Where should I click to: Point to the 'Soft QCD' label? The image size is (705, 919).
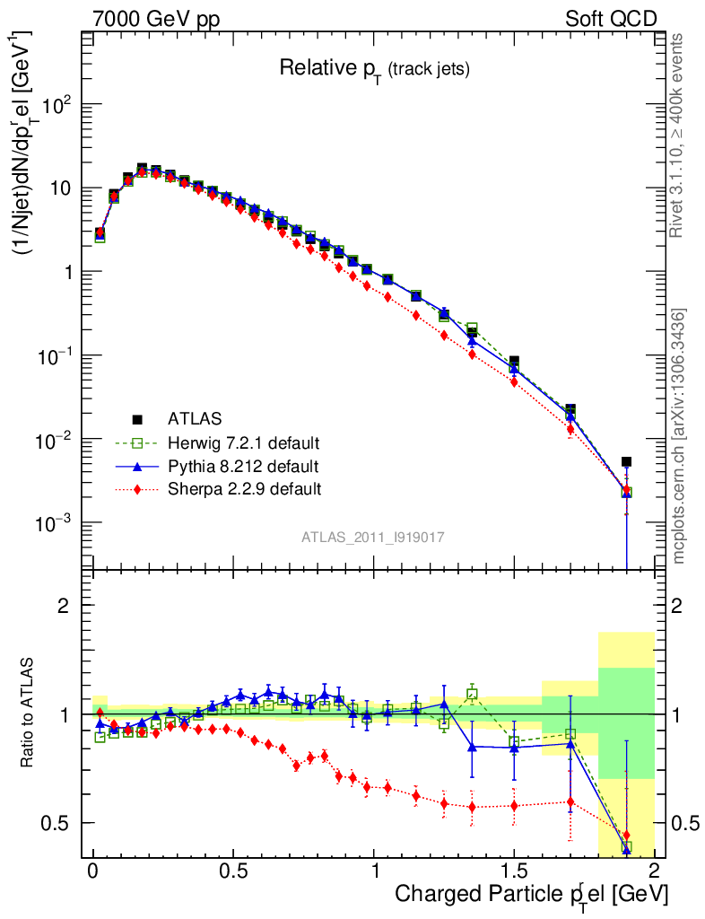pyautogui.click(x=611, y=19)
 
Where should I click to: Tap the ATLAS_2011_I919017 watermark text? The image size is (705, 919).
pyautogui.click(x=373, y=537)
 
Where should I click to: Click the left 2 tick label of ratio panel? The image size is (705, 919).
pyautogui.click(x=64, y=606)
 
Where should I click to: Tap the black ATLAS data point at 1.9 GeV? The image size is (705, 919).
pyautogui.click(x=626, y=461)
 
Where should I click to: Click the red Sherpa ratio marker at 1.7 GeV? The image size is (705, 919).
pyautogui.click(x=570, y=801)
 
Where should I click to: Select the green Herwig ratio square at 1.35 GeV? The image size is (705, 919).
pyautogui.click(x=472, y=694)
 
